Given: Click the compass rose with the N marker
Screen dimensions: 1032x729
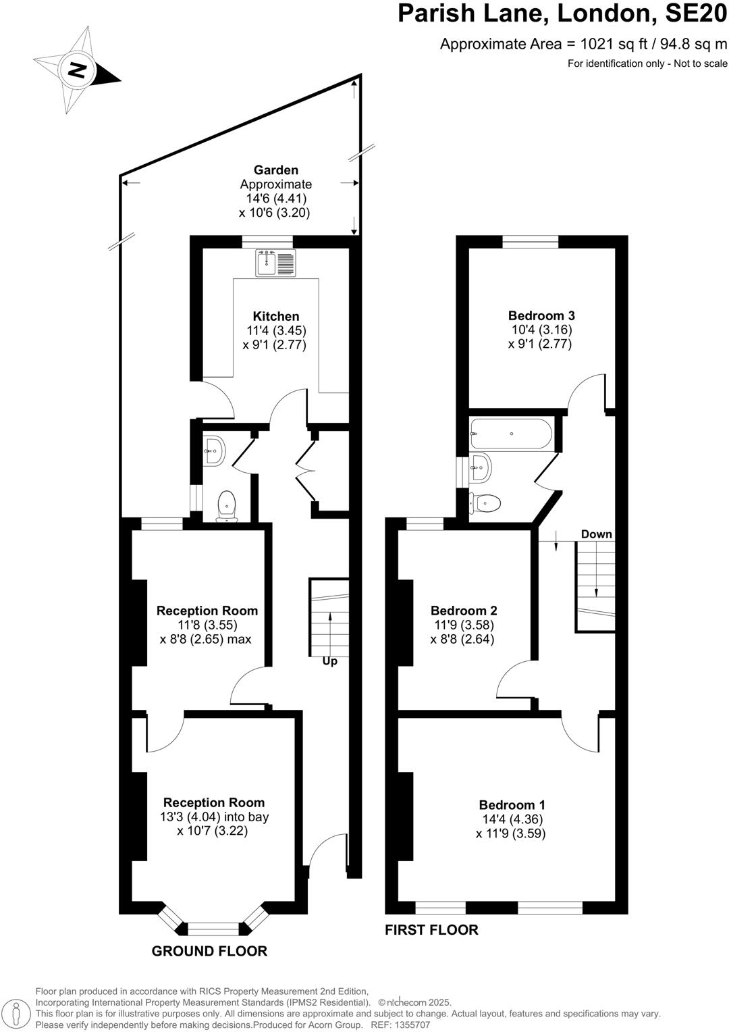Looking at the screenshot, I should [x=76, y=70].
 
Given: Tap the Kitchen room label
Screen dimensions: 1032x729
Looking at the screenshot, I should [x=275, y=316].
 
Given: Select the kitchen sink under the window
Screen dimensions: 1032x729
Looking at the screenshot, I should [x=275, y=263].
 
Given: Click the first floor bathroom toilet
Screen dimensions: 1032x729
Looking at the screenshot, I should [x=487, y=502].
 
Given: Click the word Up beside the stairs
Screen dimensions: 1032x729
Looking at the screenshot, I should [x=329, y=661].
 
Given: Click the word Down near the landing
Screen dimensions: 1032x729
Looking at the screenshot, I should [x=596, y=534].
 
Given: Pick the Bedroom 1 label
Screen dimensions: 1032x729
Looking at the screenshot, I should [x=512, y=804].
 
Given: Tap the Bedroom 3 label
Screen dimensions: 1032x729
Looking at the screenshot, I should [x=541, y=315].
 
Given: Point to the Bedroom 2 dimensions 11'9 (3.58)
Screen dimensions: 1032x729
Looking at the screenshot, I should [x=462, y=625].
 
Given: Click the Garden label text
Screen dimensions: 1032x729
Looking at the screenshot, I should [x=275, y=170].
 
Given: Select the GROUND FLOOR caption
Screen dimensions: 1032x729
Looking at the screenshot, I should [x=209, y=951].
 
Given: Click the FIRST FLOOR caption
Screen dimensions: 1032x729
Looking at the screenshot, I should [x=431, y=930].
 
